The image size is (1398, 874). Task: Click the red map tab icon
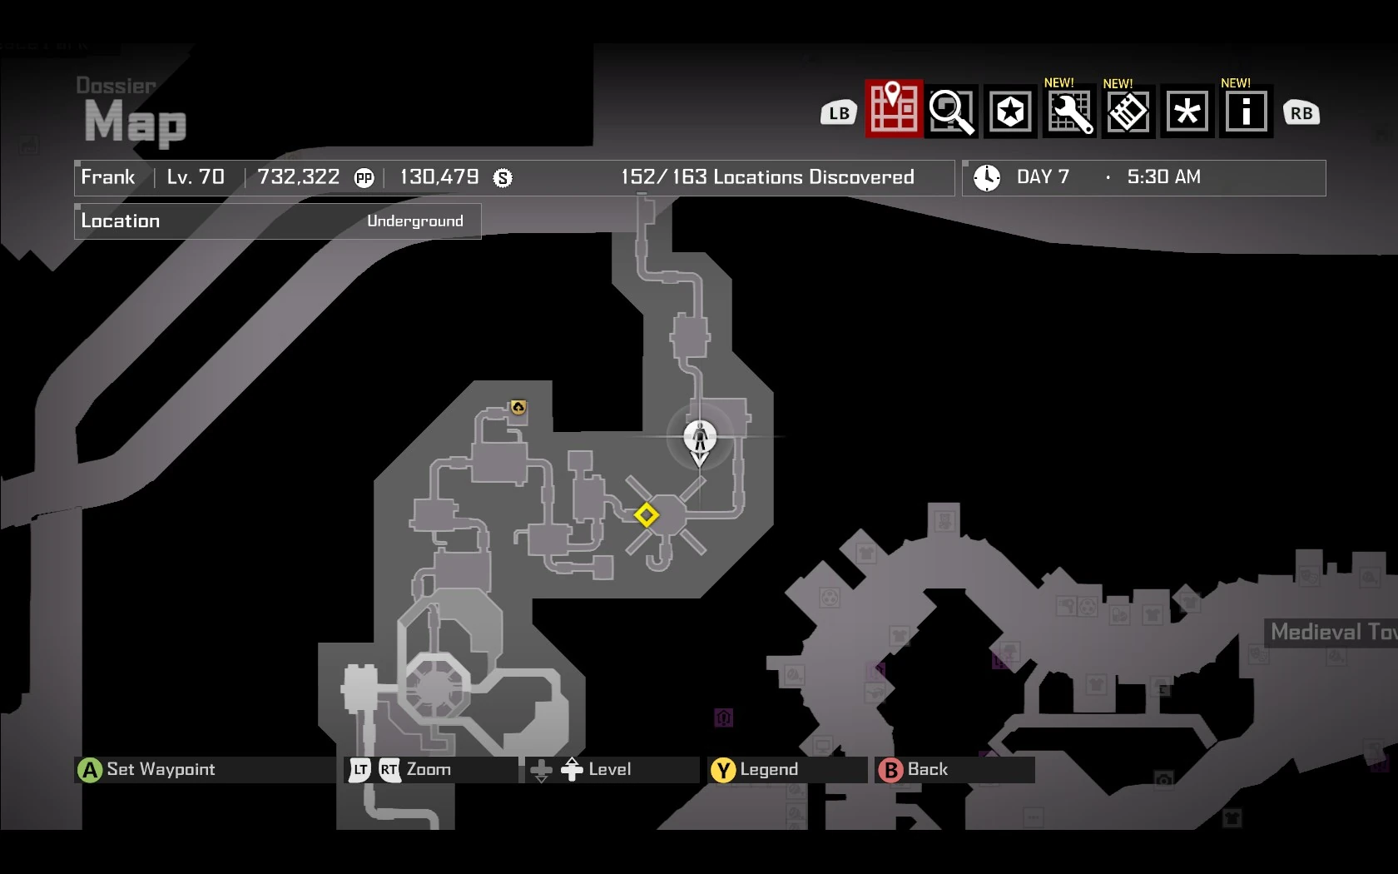point(894,109)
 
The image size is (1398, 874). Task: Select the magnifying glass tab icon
point(951,111)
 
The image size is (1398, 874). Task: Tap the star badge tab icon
point(1010,111)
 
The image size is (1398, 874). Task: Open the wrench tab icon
point(1069,112)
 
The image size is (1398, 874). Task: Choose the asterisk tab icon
point(1187,111)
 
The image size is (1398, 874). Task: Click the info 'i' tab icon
point(1246,111)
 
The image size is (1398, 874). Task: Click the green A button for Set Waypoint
point(89,770)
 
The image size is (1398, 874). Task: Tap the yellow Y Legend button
point(722,770)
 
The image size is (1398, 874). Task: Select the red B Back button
point(890,770)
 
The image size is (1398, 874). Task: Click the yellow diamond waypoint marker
point(646,515)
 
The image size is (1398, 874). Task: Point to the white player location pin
point(699,438)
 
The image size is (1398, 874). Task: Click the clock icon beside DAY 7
point(987,177)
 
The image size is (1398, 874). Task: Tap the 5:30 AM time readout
point(1163,177)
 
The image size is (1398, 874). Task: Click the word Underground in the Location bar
point(414,221)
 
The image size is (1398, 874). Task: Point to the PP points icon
point(364,178)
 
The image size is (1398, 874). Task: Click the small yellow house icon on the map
point(518,407)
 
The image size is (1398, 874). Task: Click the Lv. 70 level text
point(196,177)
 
